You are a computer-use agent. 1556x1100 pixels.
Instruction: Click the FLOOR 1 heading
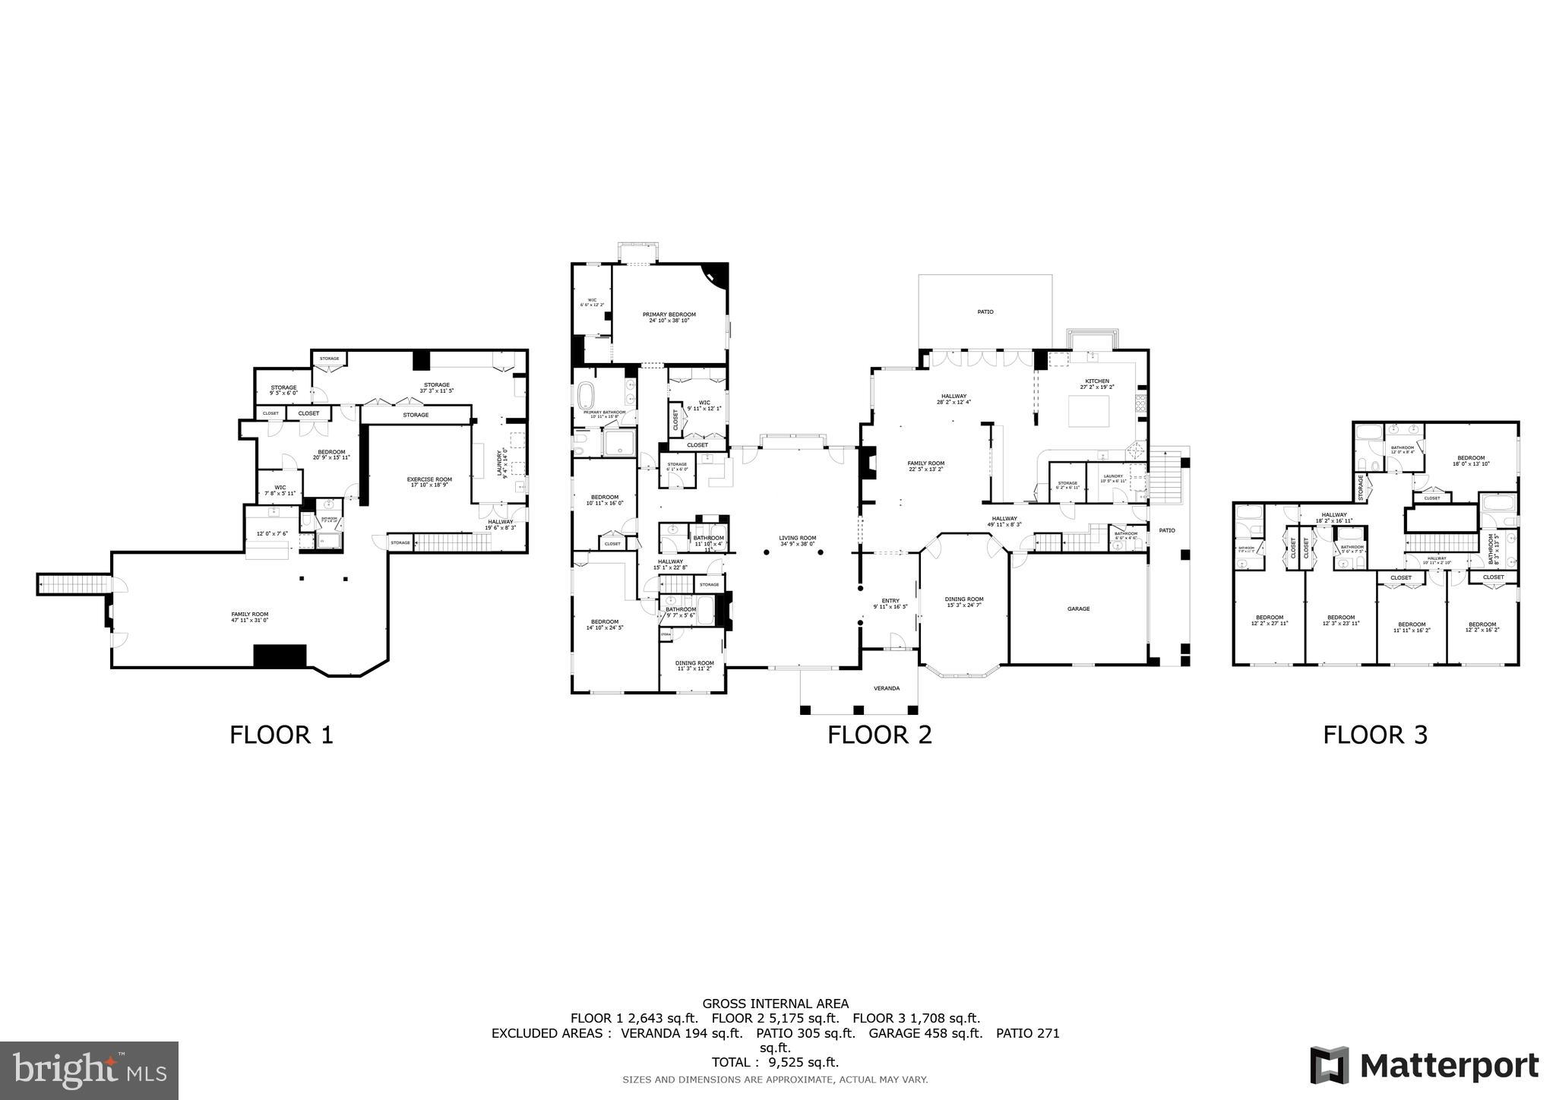(281, 735)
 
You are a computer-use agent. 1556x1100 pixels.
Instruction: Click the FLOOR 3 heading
(1374, 735)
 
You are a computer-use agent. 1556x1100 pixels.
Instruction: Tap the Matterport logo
(1424, 1066)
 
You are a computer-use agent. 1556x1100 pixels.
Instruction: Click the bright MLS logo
(90, 1070)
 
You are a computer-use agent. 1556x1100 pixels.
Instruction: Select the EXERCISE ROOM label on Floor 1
(429, 479)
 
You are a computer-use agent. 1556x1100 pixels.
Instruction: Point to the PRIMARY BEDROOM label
(669, 315)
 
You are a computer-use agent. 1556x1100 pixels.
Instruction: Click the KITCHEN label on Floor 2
(1096, 381)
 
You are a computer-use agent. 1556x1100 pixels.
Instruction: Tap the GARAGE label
(1078, 608)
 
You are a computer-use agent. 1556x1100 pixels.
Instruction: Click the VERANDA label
(886, 688)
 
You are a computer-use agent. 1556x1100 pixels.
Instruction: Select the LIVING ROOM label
(797, 538)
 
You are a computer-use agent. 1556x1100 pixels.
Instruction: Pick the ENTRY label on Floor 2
(890, 601)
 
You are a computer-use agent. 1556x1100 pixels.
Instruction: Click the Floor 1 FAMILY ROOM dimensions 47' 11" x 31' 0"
(250, 620)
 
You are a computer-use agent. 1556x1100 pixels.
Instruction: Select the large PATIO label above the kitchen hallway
(985, 311)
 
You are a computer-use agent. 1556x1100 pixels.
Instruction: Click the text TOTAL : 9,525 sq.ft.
(774, 1062)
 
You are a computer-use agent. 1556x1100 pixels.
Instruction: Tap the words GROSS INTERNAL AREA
(775, 1004)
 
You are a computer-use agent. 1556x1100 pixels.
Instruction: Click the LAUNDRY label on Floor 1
(501, 463)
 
